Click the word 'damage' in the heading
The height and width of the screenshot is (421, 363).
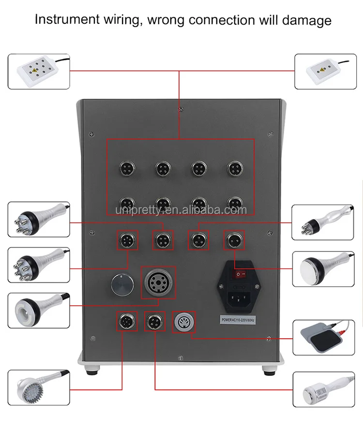[x=306, y=20]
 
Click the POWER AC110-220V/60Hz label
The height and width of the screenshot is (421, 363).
[x=237, y=320]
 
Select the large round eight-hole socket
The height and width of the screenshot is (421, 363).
[x=158, y=282]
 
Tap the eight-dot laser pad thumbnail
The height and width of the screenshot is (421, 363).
[x=38, y=72]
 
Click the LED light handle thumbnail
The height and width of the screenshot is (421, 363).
[x=38, y=388]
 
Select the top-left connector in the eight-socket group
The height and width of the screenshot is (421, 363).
[x=127, y=168]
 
